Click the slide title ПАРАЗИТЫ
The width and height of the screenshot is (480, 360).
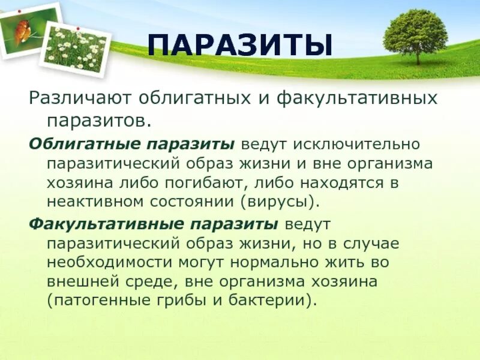(240, 47)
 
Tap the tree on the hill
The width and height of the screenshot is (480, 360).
(415, 35)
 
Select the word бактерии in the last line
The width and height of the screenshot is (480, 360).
(270, 301)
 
